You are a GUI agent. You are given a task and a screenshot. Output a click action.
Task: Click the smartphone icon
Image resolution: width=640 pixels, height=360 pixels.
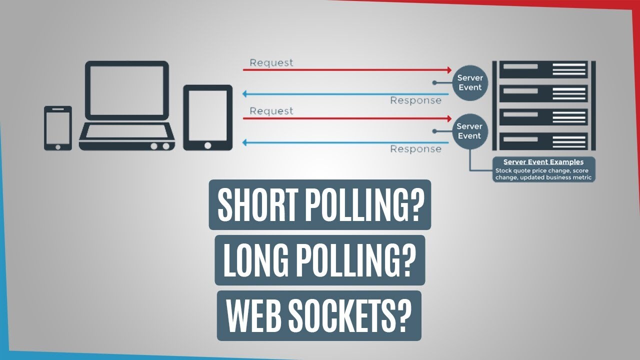(58, 128)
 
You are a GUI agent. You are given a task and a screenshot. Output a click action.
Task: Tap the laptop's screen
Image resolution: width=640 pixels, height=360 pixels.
(126, 90)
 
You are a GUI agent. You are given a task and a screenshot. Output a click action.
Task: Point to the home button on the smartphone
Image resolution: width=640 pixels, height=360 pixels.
(58, 146)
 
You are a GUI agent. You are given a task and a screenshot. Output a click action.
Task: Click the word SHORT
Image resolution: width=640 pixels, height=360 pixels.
(253, 205)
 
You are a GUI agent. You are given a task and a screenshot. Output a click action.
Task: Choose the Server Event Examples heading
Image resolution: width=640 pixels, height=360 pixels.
(543, 162)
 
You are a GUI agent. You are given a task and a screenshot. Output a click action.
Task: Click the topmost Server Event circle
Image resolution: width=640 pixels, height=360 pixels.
(469, 83)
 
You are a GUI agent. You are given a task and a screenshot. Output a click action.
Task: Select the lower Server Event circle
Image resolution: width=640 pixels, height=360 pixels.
(469, 131)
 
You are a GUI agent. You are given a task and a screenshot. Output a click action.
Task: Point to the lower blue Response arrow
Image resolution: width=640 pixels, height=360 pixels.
(345, 142)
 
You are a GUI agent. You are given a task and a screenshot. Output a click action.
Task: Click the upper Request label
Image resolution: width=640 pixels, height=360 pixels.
(271, 62)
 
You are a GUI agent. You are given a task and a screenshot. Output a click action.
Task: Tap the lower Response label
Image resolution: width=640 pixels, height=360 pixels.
(415, 149)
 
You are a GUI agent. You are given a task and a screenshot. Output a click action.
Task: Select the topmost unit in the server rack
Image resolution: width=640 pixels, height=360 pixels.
(543, 69)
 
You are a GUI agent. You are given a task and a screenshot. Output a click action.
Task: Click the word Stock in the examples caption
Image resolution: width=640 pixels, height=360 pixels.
(504, 170)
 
